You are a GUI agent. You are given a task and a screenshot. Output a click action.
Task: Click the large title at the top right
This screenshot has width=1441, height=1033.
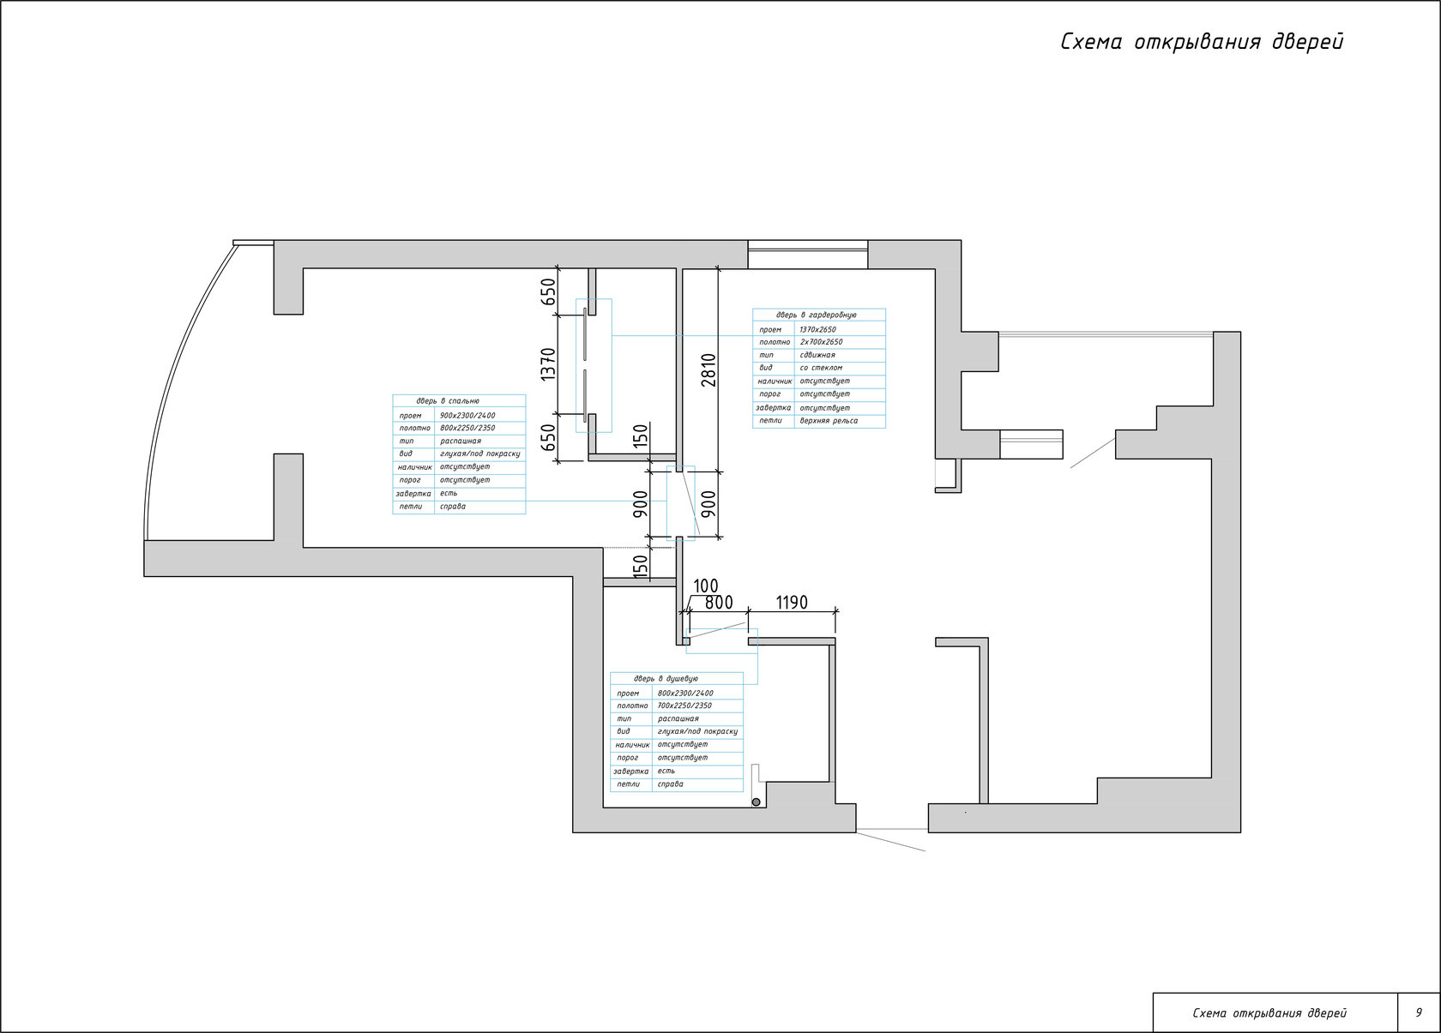(x=1202, y=43)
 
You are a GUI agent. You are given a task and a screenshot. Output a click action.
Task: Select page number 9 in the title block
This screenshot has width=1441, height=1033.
(x=1419, y=1012)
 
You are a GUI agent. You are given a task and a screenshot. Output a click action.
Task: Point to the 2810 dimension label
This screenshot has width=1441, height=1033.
(x=708, y=369)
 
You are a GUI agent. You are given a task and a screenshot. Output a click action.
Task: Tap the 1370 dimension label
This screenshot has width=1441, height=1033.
(x=549, y=364)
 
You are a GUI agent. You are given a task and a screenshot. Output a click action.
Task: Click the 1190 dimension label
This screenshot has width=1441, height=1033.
(x=792, y=603)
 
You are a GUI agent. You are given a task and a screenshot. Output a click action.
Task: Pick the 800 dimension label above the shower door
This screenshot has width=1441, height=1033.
(x=719, y=603)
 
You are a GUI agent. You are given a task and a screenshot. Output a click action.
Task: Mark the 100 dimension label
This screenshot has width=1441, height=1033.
(x=705, y=586)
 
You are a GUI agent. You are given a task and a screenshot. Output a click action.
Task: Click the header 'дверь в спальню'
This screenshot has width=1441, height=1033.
(x=448, y=401)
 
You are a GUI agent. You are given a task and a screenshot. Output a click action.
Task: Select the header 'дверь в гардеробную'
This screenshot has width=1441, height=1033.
(x=817, y=315)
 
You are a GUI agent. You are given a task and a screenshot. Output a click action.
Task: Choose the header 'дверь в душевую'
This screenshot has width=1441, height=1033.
(x=666, y=679)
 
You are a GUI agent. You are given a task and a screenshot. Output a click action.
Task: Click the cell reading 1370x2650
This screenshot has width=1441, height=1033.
(x=817, y=329)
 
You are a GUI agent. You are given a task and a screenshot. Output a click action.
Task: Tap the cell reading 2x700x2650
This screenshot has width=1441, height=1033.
(x=821, y=342)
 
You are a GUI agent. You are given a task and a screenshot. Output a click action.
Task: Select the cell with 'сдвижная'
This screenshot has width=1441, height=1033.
(x=817, y=355)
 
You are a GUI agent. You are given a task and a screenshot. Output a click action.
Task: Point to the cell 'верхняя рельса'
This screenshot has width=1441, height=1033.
(x=829, y=421)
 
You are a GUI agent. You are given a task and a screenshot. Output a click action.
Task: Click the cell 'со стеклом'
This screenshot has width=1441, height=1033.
(x=821, y=368)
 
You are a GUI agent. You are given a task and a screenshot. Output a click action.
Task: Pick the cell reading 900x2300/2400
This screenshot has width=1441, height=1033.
(x=467, y=415)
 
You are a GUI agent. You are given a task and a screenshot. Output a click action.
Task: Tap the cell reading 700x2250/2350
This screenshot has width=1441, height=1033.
(x=684, y=706)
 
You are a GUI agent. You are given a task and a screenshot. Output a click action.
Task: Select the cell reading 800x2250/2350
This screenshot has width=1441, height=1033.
(x=467, y=428)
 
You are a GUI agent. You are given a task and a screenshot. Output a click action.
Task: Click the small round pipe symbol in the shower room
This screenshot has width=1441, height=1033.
(x=756, y=802)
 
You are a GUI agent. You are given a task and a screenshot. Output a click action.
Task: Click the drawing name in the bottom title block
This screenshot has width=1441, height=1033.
(x=1269, y=1013)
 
